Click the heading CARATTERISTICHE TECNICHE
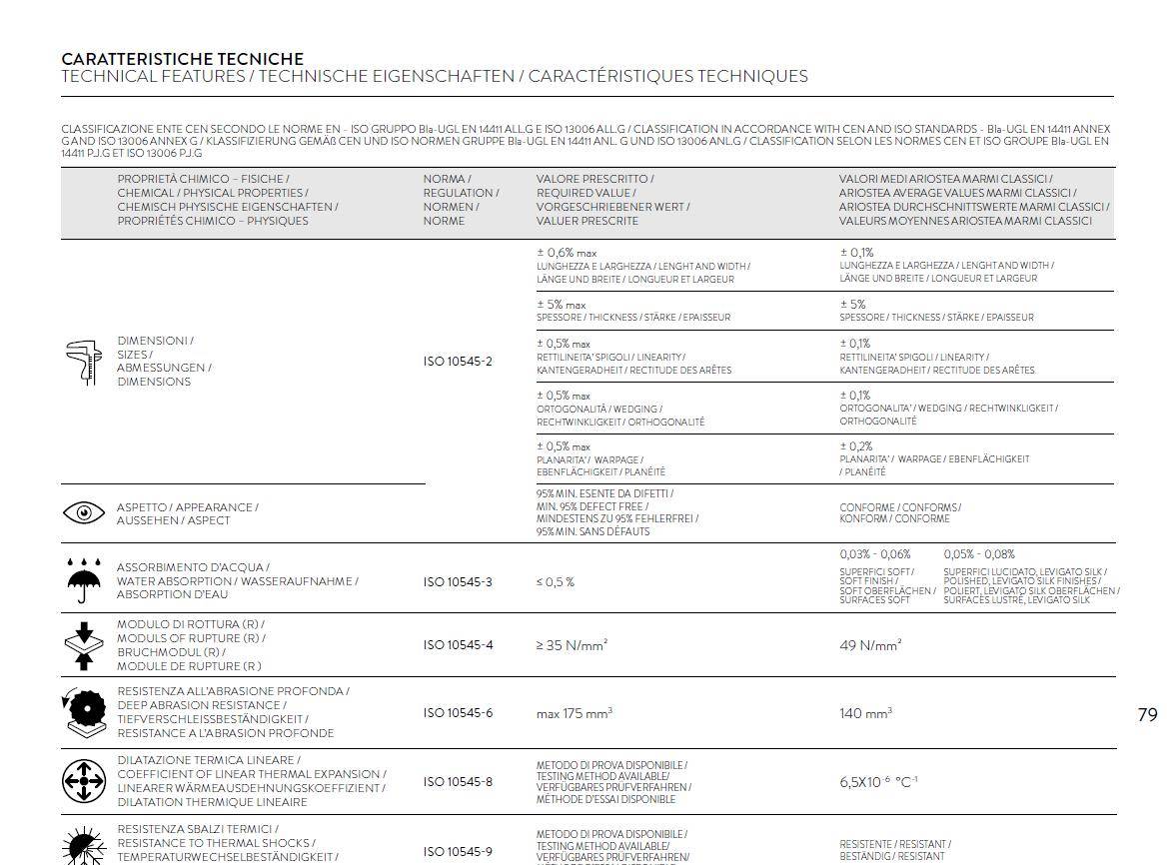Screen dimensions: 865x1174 point(182,59)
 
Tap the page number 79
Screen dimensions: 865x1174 point(1147,714)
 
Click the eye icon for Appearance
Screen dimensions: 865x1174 point(84,513)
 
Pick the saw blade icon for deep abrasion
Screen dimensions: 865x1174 point(84,711)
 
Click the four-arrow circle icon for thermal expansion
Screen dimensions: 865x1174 point(84,781)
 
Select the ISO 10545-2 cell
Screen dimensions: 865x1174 point(458,362)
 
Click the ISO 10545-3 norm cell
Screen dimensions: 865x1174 point(458,581)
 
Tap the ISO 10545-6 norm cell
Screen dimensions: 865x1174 point(458,713)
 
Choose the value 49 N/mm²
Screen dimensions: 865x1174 point(870,645)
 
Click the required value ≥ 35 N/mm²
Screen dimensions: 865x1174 point(572,645)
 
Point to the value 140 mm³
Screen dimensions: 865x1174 point(865,713)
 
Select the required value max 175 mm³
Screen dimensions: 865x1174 point(574,713)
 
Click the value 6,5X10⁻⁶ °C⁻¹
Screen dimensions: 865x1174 point(878,782)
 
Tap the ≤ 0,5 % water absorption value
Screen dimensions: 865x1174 point(556,581)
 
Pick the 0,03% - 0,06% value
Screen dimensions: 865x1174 point(875,554)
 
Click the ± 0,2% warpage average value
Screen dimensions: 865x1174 point(855,446)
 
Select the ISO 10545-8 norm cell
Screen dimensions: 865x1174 point(458,782)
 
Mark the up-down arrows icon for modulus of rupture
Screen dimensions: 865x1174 point(84,645)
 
